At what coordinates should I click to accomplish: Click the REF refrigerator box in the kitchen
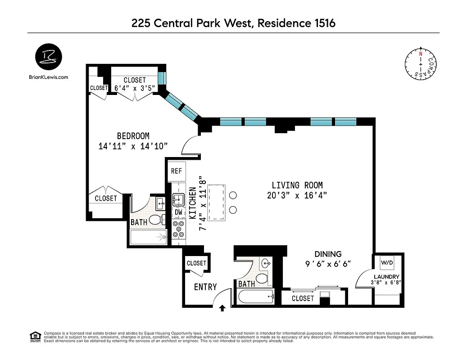(x=176, y=171)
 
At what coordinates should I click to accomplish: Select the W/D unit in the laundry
(x=386, y=262)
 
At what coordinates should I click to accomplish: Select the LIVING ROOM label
(x=297, y=185)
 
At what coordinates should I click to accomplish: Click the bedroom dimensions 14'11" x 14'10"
(x=133, y=146)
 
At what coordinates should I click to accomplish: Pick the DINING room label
(x=327, y=254)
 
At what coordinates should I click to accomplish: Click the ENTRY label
(x=205, y=287)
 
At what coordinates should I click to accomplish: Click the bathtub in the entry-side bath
(x=255, y=297)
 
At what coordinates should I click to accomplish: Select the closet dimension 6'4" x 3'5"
(x=135, y=88)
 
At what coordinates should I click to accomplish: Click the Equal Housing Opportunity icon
(x=35, y=336)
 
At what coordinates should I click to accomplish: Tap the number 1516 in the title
(x=322, y=23)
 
